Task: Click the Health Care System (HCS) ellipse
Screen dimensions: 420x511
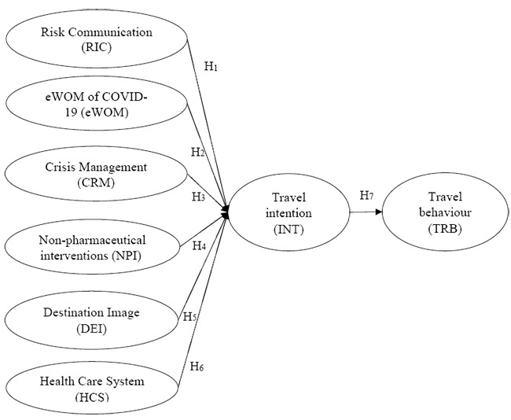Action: [x=93, y=388]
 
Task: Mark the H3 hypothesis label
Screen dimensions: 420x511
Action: [x=198, y=197]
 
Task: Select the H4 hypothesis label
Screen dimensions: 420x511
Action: [x=199, y=246]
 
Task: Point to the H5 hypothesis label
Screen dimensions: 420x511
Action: [x=189, y=317]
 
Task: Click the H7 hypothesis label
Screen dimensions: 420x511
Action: [x=366, y=194]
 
